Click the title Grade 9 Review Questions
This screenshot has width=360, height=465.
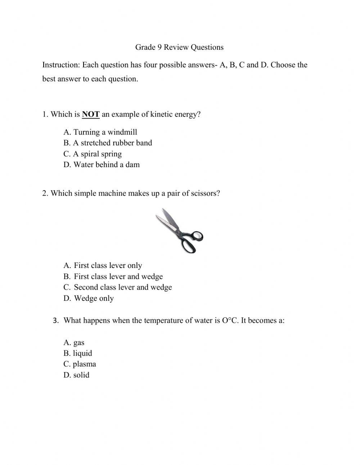[179, 47]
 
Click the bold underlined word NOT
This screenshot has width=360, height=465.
[91, 115]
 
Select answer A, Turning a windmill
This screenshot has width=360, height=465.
[100, 132]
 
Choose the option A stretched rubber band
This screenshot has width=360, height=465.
[108, 143]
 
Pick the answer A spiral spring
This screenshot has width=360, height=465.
[93, 154]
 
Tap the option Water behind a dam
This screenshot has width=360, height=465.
[102, 165]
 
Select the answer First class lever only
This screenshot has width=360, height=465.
[103, 266]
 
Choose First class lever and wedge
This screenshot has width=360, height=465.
[113, 277]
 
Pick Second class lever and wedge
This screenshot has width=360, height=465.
[118, 287]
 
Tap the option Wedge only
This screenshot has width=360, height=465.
[89, 299]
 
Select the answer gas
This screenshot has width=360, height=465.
[74, 343]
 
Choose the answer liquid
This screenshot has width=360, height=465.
[78, 353]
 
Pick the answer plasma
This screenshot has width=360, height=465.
[80, 364]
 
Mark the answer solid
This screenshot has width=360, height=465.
[76, 375]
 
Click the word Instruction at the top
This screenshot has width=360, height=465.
[60, 65]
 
